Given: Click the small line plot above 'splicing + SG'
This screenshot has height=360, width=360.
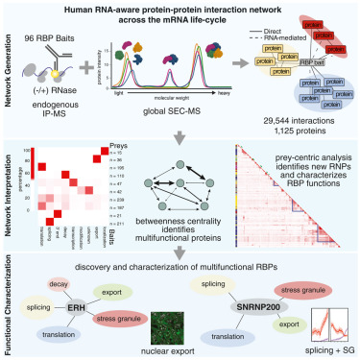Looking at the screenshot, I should (x=323, y=323).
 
